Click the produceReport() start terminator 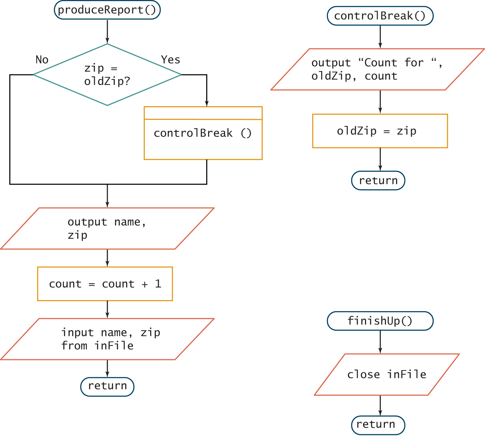tap(107, 10)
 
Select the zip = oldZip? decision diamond tap(107, 75)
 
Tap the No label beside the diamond tap(42, 60)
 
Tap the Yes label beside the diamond tap(170, 60)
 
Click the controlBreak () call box tap(203, 133)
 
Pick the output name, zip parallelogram tap(107, 228)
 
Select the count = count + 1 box tap(105, 284)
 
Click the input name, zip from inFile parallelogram tap(107, 339)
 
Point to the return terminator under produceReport tap(107, 387)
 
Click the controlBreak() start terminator tap(380, 16)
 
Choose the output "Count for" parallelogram tap(377, 69)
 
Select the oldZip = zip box tap(380, 131)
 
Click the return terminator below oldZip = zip tap(378, 181)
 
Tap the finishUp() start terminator tap(380, 321)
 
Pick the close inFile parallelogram tap(387, 375)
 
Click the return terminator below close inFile tap(378, 425)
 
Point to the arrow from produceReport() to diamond tap(107, 32)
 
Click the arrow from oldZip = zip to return tap(380, 159)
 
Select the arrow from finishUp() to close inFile tap(380, 342)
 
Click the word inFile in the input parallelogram tap(114, 346)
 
